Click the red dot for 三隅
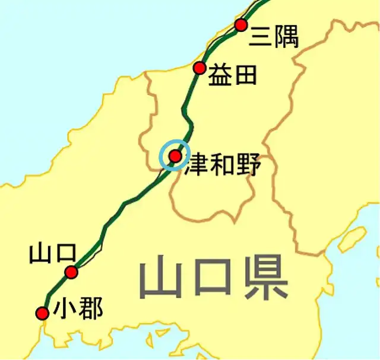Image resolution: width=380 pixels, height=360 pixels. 240,25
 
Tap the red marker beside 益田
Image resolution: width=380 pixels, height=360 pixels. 199,68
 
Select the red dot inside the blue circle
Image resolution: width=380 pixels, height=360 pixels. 175,156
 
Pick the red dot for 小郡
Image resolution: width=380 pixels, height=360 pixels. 42,313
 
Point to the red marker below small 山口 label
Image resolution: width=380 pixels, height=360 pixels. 71,272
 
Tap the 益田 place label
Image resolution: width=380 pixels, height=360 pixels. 233,75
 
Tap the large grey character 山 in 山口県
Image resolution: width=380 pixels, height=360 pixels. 161,279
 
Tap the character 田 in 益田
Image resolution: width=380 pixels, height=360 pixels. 245,75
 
